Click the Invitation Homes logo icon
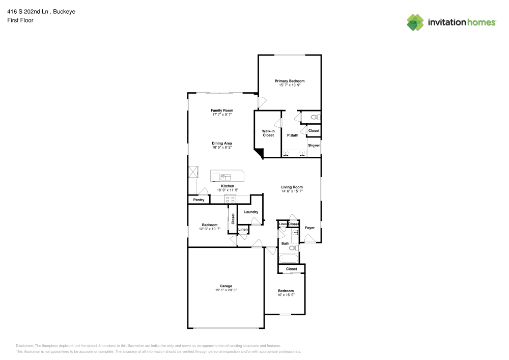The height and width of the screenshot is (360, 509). [415, 22]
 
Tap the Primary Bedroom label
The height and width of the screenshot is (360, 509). [290, 81]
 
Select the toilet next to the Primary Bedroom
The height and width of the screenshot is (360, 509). [314, 118]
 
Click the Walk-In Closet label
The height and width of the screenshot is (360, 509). [268, 133]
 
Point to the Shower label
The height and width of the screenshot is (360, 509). [314, 145]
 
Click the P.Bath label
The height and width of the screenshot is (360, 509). [293, 135]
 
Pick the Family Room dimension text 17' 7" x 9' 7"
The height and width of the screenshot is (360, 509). [222, 115]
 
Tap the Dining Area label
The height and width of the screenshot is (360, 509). [222, 143]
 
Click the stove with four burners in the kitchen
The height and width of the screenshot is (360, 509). [230, 199]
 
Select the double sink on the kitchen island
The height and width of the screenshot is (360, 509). [225, 177]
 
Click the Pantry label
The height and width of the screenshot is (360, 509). [199, 200]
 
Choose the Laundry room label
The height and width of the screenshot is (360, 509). [251, 212]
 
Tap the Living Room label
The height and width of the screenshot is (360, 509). [292, 187]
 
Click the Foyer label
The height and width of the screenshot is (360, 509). [309, 228]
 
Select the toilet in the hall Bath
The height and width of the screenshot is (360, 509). [293, 248]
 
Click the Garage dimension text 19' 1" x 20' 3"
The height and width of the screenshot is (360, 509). [226, 290]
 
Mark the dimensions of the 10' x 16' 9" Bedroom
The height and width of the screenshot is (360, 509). [286, 295]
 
